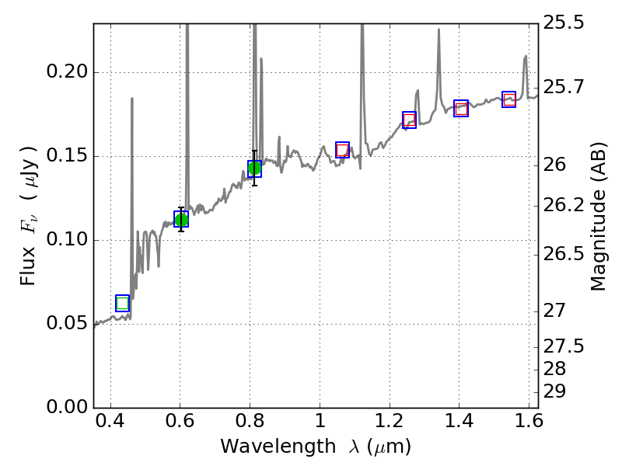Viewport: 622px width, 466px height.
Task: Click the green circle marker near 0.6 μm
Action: [x=181, y=219]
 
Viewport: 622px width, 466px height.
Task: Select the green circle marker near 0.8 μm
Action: [x=254, y=169]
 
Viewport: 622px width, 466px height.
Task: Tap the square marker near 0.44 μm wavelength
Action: [x=122, y=303]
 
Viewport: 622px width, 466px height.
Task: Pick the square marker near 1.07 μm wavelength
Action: [x=342, y=150]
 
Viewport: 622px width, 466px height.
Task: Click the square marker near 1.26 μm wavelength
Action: [x=409, y=120]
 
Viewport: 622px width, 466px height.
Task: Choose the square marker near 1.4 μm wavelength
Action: [x=461, y=108]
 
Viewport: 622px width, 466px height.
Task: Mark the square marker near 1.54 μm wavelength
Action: [x=509, y=99]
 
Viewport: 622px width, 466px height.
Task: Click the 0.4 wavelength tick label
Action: [x=110, y=424]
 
